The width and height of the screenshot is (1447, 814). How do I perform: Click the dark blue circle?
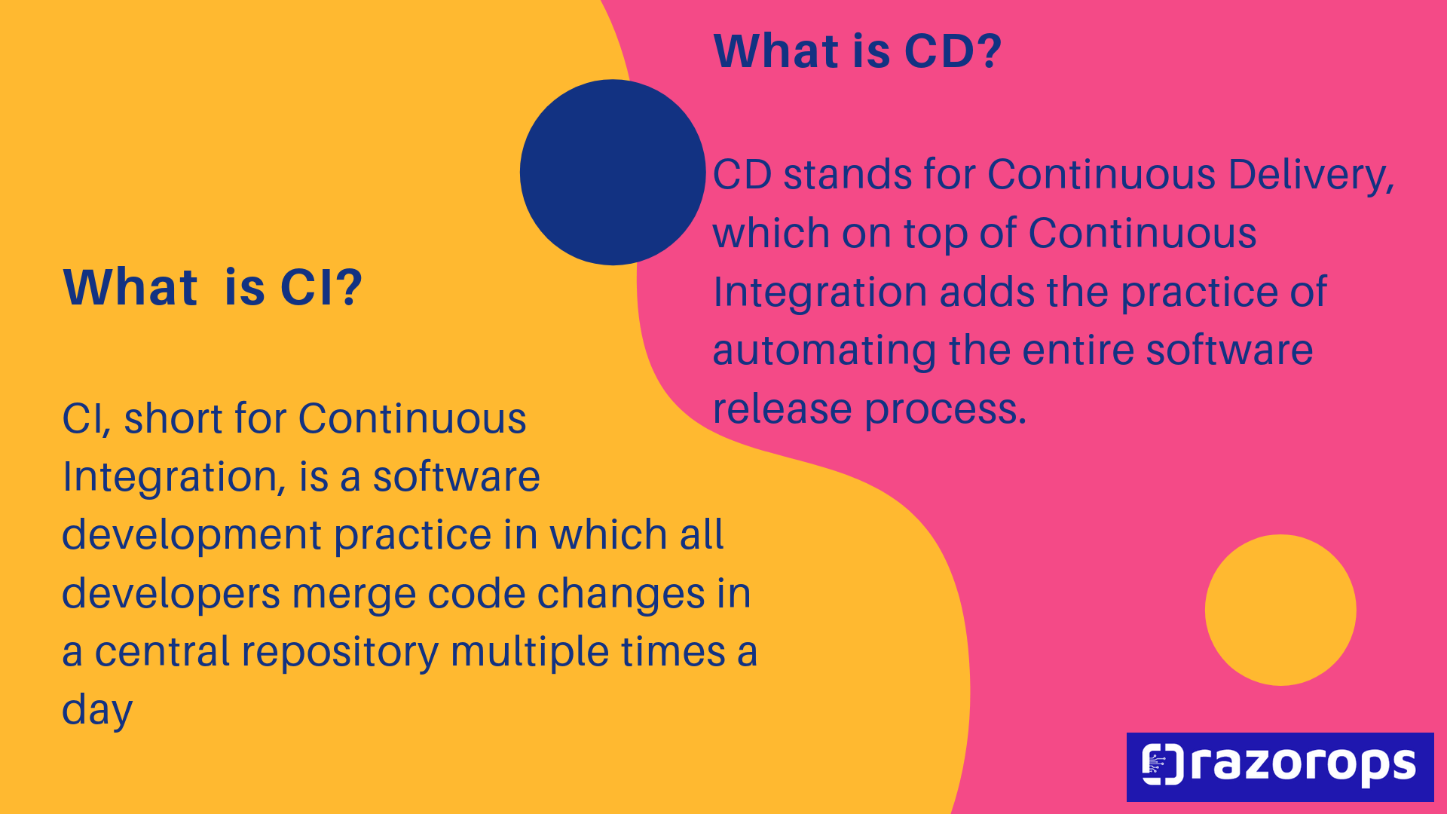click(613, 173)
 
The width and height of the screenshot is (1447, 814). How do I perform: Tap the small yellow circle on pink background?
click(1280, 610)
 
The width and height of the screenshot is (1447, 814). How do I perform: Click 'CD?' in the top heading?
click(953, 51)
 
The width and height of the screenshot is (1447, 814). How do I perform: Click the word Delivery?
click(1311, 175)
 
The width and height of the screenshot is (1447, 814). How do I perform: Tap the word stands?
click(848, 175)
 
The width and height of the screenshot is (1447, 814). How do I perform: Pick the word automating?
click(824, 351)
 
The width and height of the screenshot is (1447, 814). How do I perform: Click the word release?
click(783, 409)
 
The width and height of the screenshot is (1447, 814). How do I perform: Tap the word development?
click(192, 536)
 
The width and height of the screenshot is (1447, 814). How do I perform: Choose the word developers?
click(171, 595)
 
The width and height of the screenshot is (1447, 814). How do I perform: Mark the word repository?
click(340, 653)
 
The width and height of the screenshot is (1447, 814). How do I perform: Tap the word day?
click(97, 711)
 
